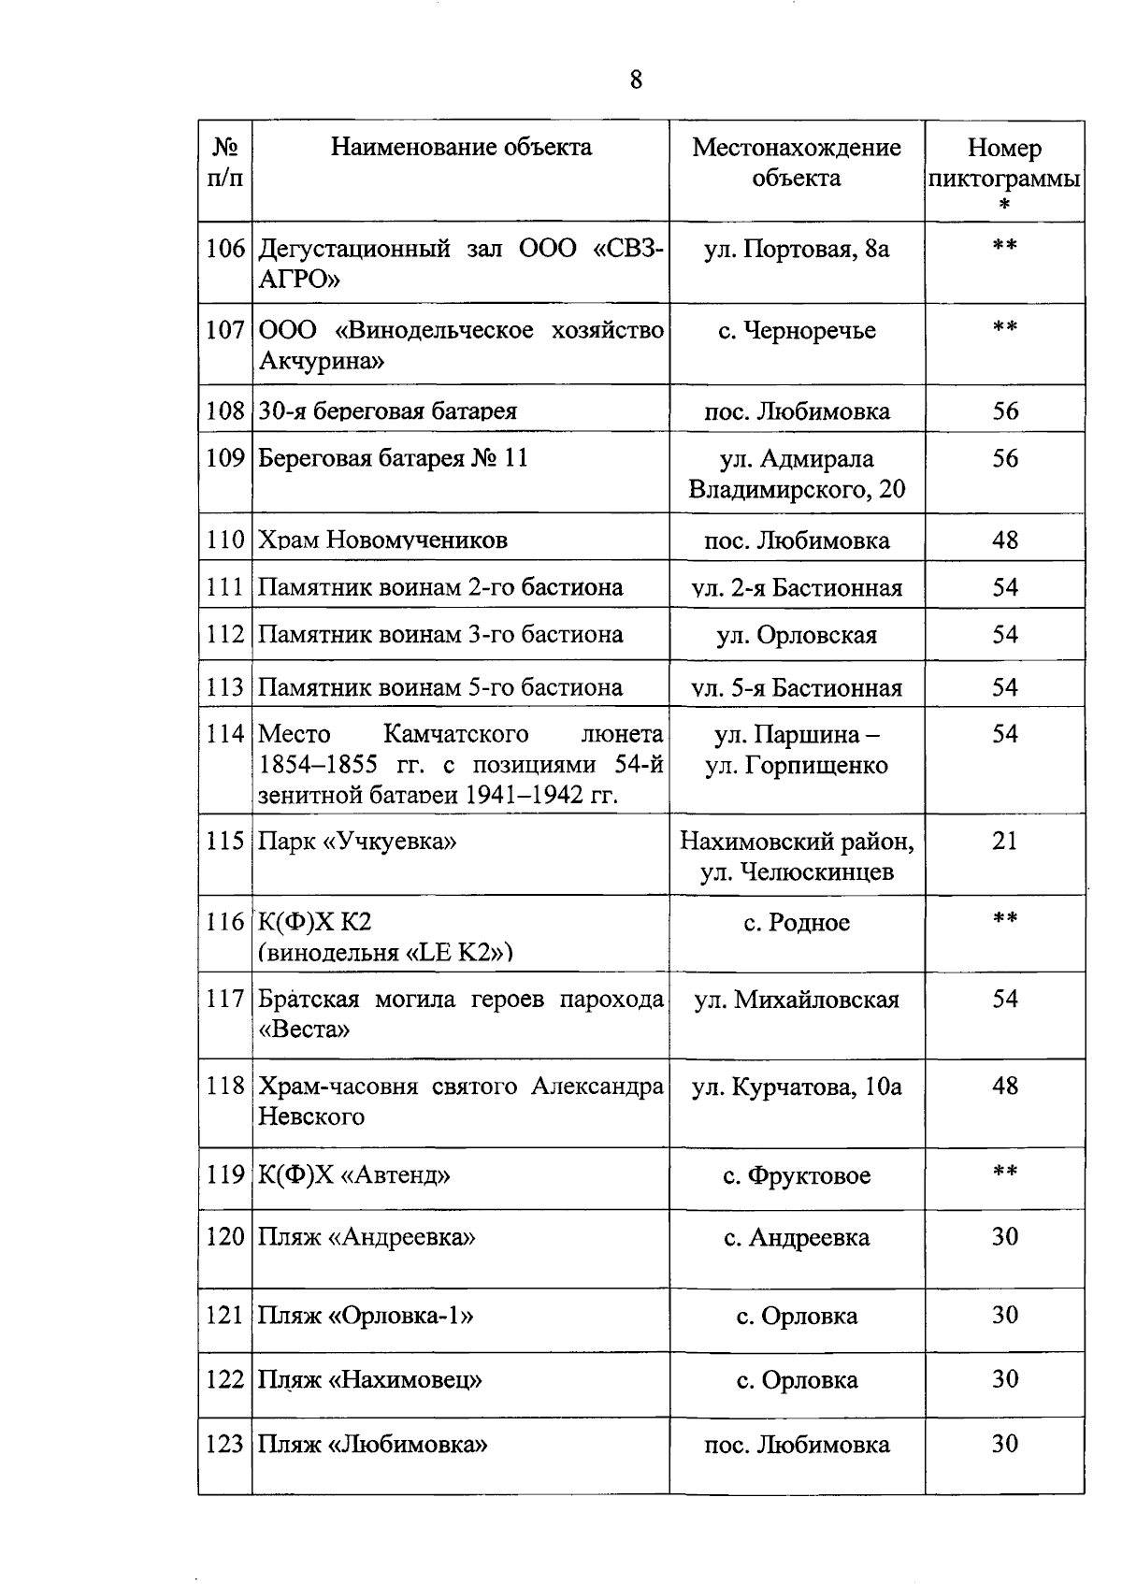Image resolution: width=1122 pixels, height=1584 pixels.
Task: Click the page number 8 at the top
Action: [x=636, y=80]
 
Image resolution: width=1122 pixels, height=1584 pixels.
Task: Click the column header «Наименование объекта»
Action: [x=461, y=148]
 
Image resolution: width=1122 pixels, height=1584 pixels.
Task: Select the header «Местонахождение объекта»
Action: [x=797, y=163]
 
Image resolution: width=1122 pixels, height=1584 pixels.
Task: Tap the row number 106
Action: [x=225, y=249]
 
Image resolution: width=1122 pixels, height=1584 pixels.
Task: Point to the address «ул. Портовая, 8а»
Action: [x=797, y=249]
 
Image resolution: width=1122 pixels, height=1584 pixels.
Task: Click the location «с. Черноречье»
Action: [x=797, y=331]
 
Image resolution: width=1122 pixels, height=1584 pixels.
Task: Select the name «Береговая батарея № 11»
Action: [x=393, y=458]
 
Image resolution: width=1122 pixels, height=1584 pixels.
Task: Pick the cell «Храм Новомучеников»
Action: [x=382, y=540]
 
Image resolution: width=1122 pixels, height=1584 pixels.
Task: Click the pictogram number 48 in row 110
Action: [x=1005, y=540]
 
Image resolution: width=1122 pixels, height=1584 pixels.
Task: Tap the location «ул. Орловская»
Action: [x=797, y=636]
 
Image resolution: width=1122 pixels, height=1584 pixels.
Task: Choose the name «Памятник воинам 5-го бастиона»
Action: [x=440, y=688]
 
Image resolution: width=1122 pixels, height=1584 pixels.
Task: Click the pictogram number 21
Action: [x=1005, y=841]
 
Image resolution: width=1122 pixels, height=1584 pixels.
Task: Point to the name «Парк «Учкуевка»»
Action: [x=357, y=841]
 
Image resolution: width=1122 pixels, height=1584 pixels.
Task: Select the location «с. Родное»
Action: [x=797, y=923]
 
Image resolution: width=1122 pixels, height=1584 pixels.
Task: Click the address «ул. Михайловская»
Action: [x=797, y=1000]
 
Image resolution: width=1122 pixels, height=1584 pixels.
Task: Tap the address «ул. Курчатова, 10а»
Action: [x=797, y=1087]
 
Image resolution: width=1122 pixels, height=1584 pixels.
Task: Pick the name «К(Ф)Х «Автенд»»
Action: [x=354, y=1175]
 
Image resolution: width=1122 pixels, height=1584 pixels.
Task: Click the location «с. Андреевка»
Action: [x=797, y=1238]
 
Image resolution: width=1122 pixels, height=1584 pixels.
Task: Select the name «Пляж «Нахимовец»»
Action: [x=370, y=1380]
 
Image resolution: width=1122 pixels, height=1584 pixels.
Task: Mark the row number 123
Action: [x=225, y=1445]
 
